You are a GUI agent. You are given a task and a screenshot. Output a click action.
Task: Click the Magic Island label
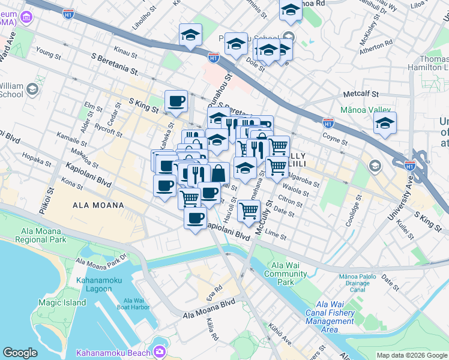tap(62, 302)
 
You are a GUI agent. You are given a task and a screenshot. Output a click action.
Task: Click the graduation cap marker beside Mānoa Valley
tap(384, 124)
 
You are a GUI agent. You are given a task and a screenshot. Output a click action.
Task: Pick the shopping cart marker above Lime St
tap(248, 210)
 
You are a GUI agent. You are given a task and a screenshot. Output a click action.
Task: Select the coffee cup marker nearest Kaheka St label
tap(176, 101)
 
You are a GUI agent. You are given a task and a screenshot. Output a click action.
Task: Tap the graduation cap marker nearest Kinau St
tap(190, 34)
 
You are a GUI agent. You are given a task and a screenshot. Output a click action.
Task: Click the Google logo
tap(20, 353)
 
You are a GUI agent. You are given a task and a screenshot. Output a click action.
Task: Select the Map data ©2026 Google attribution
tap(412, 355)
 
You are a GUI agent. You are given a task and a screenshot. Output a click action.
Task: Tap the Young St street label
tap(48, 52)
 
